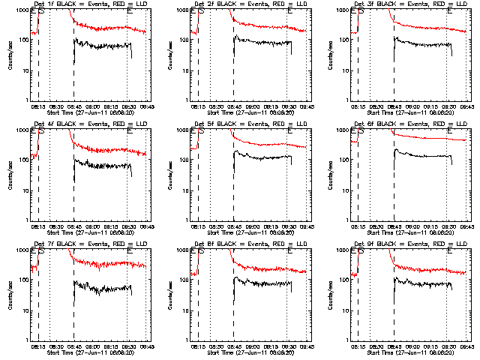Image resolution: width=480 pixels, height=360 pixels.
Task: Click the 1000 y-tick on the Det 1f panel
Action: (x=21, y=9)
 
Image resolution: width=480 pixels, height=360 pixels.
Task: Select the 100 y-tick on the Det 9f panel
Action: (x=343, y=280)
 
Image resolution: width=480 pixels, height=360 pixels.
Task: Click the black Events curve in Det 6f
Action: (x=420, y=157)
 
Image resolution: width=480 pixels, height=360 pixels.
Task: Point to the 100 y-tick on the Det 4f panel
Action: (x=24, y=160)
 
